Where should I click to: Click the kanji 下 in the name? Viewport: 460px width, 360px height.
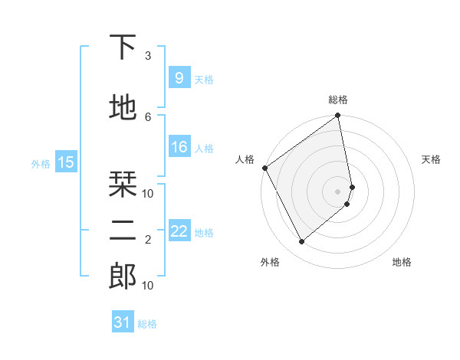123,48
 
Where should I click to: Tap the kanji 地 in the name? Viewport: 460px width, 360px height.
123,109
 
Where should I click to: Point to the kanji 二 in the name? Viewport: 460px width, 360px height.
123,231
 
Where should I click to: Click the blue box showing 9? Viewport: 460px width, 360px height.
179,77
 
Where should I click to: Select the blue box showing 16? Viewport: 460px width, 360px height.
179,147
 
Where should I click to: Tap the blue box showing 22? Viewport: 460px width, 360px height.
179,231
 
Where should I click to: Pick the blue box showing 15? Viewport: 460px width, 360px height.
66,162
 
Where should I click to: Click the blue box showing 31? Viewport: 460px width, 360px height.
123,322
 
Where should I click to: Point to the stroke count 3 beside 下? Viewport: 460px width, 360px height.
148,56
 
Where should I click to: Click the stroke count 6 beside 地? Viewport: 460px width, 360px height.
148,116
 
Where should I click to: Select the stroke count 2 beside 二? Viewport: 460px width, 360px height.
148,240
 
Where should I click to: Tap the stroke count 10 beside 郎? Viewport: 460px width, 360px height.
148,285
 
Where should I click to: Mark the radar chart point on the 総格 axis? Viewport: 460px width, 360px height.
337,116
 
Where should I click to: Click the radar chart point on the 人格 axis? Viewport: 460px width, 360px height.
265,168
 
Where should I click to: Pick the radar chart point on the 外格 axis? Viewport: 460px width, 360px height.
301,241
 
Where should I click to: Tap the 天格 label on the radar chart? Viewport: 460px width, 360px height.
431,159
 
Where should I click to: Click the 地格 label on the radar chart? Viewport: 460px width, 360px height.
402,262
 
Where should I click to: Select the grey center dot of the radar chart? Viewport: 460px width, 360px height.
337,191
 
